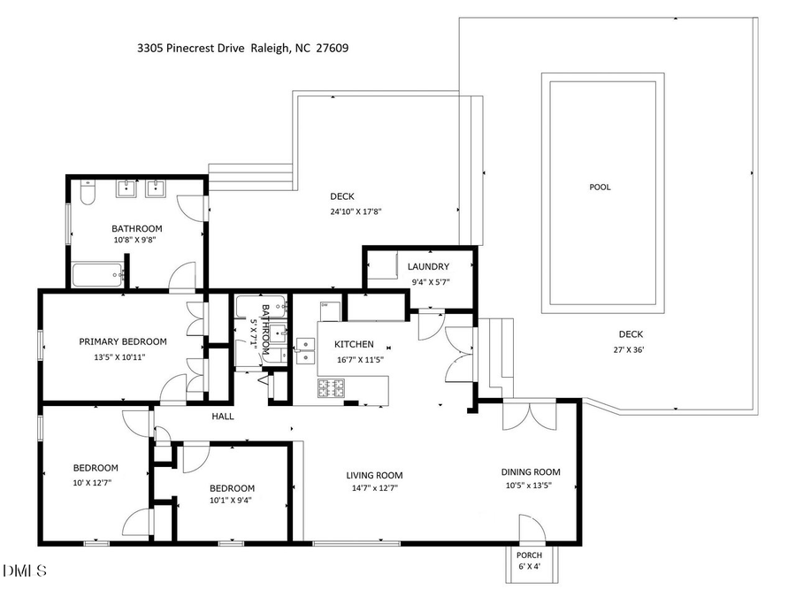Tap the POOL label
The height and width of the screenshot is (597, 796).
[600, 188]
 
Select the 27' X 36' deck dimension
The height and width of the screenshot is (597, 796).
[630, 349]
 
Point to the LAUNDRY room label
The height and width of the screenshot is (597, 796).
[428, 266]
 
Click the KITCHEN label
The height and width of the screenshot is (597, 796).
[353, 344]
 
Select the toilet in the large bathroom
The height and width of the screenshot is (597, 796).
[87, 192]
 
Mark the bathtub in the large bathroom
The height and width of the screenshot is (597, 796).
[97, 275]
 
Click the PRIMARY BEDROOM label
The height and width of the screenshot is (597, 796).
[122, 341]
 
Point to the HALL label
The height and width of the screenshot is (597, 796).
[222, 416]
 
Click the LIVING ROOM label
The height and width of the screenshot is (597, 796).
[374, 475]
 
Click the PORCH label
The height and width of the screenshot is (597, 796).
[530, 555]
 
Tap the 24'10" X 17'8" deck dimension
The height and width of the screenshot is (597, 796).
[356, 211]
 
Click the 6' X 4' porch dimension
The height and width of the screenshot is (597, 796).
[530, 568]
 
